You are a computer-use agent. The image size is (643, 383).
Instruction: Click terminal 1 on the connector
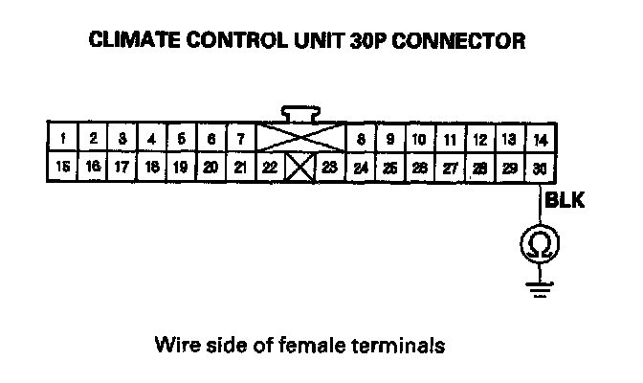click(x=62, y=139)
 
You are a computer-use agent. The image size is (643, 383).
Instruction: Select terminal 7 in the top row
click(x=240, y=139)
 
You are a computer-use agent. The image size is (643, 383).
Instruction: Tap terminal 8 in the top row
click(x=361, y=139)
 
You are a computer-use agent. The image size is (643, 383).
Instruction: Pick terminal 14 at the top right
click(x=540, y=139)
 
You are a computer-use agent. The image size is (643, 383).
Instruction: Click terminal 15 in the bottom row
click(x=62, y=167)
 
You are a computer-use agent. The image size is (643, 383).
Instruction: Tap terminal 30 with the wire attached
click(x=540, y=167)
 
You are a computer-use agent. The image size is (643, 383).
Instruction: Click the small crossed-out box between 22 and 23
click(x=300, y=169)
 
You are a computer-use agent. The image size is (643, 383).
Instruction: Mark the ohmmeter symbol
click(x=539, y=244)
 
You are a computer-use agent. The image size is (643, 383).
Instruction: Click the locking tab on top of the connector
click(x=300, y=112)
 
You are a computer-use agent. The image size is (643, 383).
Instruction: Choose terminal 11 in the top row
click(x=450, y=139)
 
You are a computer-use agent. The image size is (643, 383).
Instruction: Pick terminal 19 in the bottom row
click(x=181, y=167)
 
